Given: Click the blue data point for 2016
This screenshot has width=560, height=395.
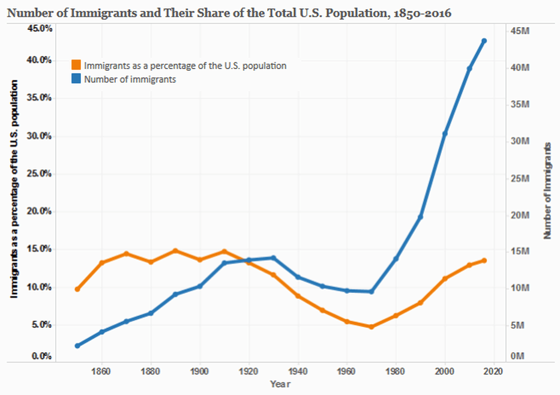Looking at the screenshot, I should pyautogui.click(x=484, y=41).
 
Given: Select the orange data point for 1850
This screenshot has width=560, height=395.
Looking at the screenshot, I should pyautogui.click(x=77, y=289).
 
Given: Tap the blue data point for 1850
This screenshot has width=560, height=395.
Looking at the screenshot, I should pyautogui.click(x=77, y=346).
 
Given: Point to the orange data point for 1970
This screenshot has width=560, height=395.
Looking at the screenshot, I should pyautogui.click(x=371, y=327).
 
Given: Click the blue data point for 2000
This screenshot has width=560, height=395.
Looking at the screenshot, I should pyautogui.click(x=445, y=133).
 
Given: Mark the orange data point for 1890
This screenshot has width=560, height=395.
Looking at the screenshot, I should pyautogui.click(x=175, y=250).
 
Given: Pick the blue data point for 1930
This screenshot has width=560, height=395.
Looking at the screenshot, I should pyautogui.click(x=273, y=258).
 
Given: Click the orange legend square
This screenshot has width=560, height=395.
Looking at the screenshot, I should pyautogui.click(x=76, y=65).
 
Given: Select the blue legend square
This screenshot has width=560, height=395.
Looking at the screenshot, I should pyautogui.click(x=76, y=79).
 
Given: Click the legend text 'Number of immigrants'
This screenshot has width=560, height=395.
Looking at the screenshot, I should pyautogui.click(x=130, y=79).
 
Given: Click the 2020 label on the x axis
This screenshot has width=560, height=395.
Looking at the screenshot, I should pyautogui.click(x=493, y=372).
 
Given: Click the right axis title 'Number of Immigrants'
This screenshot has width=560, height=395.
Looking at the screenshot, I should pyautogui.click(x=547, y=191).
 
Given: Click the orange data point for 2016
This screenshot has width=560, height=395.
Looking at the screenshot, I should pyautogui.click(x=484, y=261).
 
